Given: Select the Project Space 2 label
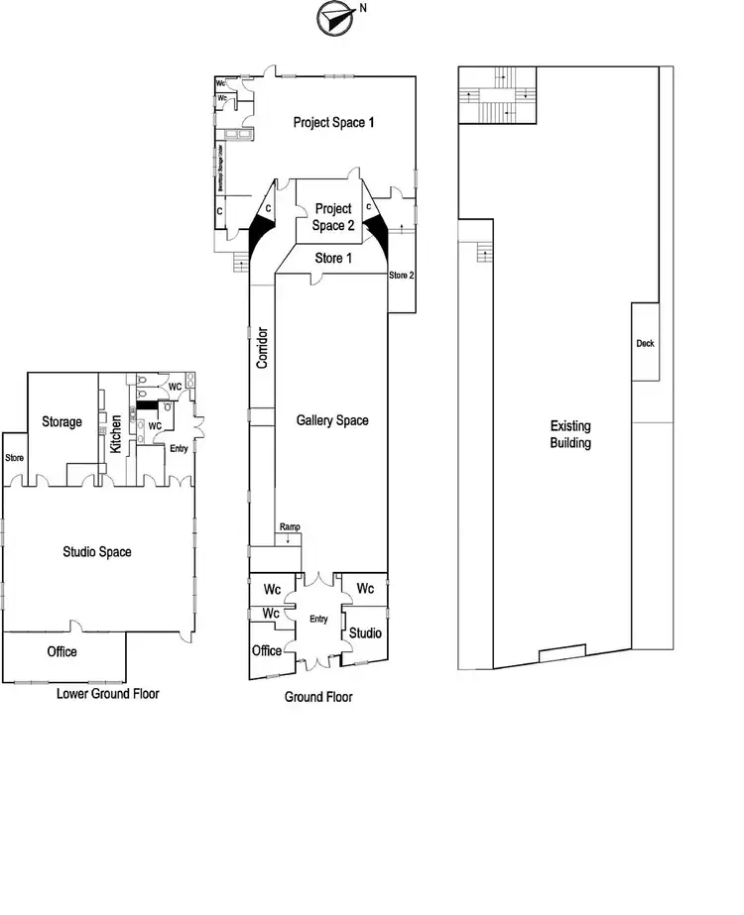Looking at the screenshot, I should pyautogui.click(x=334, y=217).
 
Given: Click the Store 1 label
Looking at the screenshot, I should pyautogui.click(x=333, y=258).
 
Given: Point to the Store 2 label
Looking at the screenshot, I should pyautogui.click(x=401, y=275).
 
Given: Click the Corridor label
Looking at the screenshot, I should pyautogui.click(x=263, y=347).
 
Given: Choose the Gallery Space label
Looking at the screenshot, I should pyautogui.click(x=332, y=420).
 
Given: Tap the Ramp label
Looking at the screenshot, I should pyautogui.click(x=290, y=526).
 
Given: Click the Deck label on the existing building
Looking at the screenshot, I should pyautogui.click(x=646, y=344).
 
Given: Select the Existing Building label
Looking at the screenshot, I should pyautogui.click(x=570, y=434).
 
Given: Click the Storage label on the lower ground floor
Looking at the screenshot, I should pyautogui.click(x=62, y=421).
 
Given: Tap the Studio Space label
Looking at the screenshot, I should pyautogui.click(x=97, y=552).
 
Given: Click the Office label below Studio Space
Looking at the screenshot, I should pyautogui.click(x=62, y=651).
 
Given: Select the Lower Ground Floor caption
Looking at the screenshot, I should pyautogui.click(x=107, y=694).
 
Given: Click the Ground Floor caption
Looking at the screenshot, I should pyautogui.click(x=318, y=697).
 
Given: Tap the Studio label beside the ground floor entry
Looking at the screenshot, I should pyautogui.click(x=364, y=632).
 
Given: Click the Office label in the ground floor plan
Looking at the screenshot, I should pyautogui.click(x=267, y=651).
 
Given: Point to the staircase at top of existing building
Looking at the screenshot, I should pyautogui.click(x=497, y=96).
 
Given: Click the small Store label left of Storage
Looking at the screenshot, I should pyautogui.click(x=14, y=458).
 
